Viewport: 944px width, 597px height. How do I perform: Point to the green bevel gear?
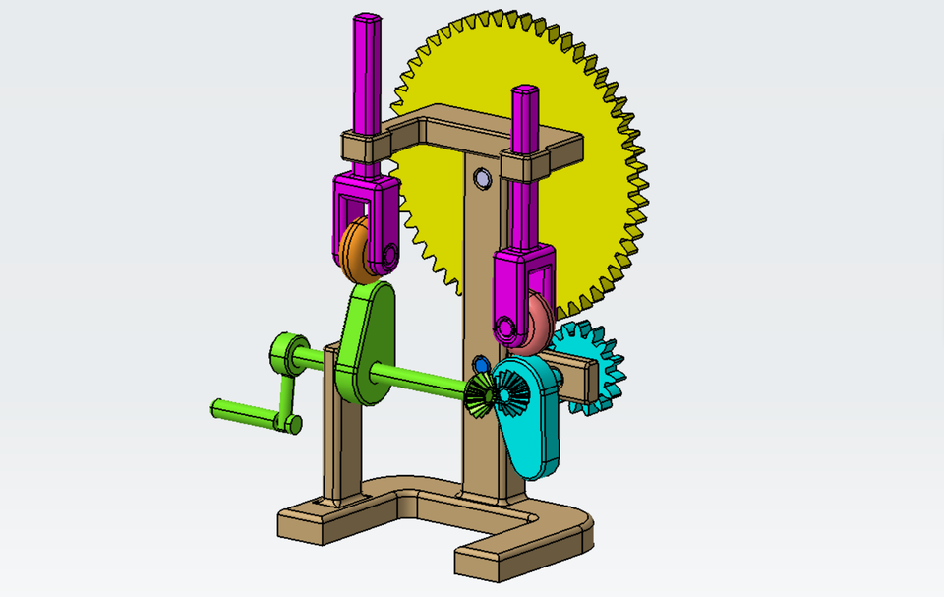[x=480, y=394]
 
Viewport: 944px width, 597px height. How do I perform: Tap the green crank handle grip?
[x=241, y=412]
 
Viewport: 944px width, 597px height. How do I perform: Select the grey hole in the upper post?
[x=483, y=178]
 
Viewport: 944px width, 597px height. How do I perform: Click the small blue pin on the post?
[x=482, y=365]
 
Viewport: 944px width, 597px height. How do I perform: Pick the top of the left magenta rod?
[x=367, y=20]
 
